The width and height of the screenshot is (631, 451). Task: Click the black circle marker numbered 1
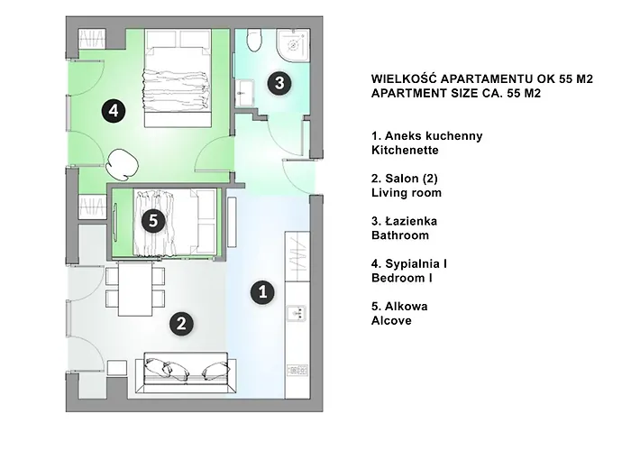click(x=263, y=291)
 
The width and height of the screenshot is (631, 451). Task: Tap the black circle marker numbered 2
click(x=181, y=324)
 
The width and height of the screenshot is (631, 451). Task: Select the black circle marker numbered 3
click(x=279, y=83)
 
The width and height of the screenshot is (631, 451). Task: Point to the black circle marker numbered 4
click(x=114, y=110)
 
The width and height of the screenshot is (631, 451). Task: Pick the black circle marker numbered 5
click(x=153, y=221)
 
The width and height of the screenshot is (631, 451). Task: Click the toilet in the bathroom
click(x=254, y=41)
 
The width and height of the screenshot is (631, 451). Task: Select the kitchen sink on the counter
click(x=297, y=313)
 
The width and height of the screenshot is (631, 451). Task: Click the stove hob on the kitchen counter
click(x=297, y=370)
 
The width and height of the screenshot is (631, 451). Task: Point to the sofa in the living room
click(x=186, y=373)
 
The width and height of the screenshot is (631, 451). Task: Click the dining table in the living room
click(x=135, y=289)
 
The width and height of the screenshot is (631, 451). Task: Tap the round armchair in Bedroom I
click(x=123, y=165)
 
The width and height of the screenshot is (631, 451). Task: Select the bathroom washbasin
click(x=244, y=93)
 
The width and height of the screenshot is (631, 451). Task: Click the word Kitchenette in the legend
click(x=405, y=151)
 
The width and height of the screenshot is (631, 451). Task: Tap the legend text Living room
click(x=407, y=192)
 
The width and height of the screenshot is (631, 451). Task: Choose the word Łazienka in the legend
click(x=411, y=221)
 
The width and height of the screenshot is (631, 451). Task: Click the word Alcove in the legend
click(x=391, y=320)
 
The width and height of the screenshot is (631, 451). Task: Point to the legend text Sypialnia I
click(x=416, y=263)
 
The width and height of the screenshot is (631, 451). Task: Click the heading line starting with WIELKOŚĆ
click(x=482, y=78)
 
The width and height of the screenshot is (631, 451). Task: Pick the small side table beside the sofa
click(x=117, y=368)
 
